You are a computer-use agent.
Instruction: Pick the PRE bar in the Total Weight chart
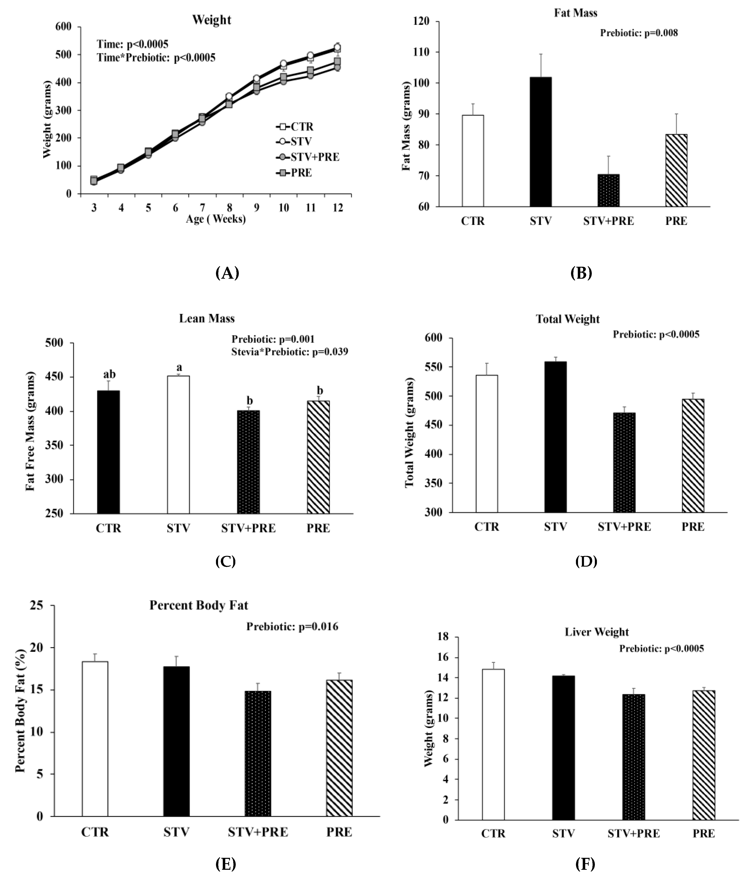(x=693, y=456)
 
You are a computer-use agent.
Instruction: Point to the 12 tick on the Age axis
(x=337, y=208)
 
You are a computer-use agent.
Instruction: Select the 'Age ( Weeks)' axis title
(x=216, y=219)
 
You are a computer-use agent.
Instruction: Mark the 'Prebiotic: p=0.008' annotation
(x=639, y=33)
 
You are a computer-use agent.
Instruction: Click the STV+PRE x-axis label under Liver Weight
(x=634, y=834)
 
